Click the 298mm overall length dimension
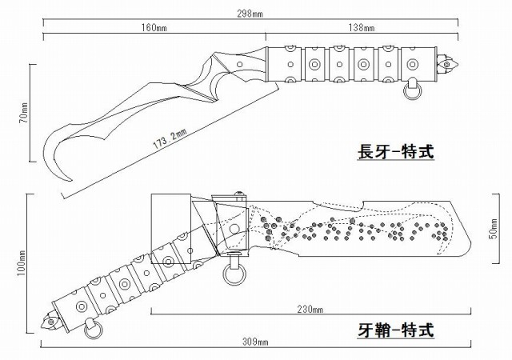click(250, 14)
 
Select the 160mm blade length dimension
click(154, 28)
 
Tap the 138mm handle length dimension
click(362, 28)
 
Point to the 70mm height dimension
click(24, 113)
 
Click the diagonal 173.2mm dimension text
click(170, 139)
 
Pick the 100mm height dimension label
click(22, 263)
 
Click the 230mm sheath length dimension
click(310, 309)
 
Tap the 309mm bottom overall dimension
click(255, 342)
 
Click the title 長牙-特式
click(396, 152)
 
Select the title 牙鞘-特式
click(396, 330)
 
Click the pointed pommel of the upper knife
click(448, 64)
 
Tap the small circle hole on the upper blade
click(239, 64)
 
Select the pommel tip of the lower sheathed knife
click(49, 321)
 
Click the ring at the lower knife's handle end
click(93, 330)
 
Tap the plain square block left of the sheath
click(170, 229)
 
